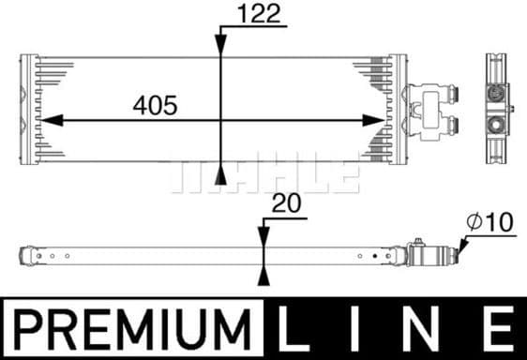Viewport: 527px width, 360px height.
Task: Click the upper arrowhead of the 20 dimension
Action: tap(263, 233)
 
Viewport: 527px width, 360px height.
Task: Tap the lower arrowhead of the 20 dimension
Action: tap(263, 273)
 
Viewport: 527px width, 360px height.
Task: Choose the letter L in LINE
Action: tap(298, 330)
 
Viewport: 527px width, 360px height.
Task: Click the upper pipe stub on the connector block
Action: tap(455, 94)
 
